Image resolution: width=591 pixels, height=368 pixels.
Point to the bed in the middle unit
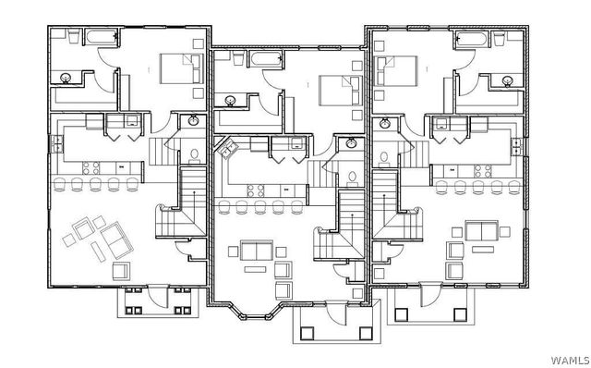339,91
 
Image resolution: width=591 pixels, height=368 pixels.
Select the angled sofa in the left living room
114,239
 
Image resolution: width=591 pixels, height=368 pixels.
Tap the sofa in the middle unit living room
255,251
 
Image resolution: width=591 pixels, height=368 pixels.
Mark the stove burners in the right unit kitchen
480,169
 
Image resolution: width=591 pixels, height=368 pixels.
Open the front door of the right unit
429,295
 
